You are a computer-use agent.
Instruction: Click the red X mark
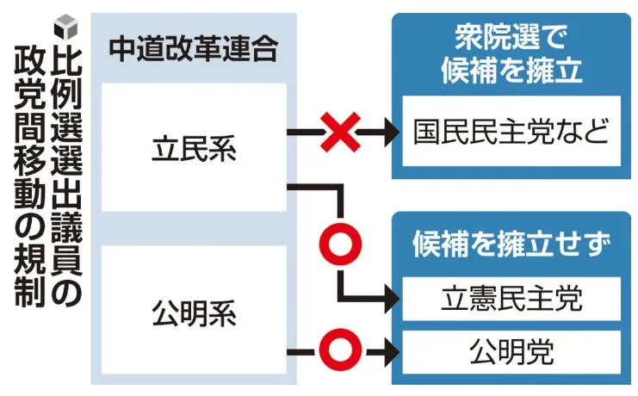tap(340, 133)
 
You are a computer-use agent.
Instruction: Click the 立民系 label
tap(194, 149)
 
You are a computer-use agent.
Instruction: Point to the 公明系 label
tap(194, 314)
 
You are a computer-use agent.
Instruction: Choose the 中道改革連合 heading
tap(194, 49)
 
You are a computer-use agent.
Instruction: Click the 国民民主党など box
tap(511, 131)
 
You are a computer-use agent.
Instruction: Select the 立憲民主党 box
tap(511, 299)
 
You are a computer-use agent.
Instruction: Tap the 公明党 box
tap(511, 352)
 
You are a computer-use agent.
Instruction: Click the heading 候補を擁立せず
tap(511, 244)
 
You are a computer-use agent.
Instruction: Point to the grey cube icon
tap(65, 28)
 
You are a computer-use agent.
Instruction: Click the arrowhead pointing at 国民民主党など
tap(392, 133)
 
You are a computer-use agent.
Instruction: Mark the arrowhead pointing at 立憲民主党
tap(392, 299)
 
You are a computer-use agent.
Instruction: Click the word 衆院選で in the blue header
tap(511, 37)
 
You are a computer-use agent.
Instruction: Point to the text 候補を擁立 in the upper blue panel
tap(511, 70)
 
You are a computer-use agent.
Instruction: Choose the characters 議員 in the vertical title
tap(67, 244)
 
